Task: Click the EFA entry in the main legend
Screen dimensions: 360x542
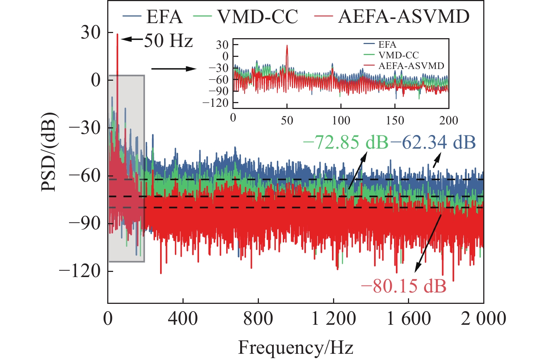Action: pyautogui.click(x=164, y=17)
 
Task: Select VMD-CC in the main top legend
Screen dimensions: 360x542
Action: pyautogui.click(x=257, y=17)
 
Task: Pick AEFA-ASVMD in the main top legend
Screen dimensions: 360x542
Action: pyautogui.click(x=404, y=17)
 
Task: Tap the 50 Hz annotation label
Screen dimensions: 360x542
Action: pyautogui.click(x=168, y=40)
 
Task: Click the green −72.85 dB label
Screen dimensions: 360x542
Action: pyautogui.click(x=346, y=142)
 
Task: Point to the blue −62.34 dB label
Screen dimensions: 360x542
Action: pyautogui.click(x=433, y=142)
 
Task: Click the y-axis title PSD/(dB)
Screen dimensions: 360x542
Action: pyautogui.click(x=48, y=151)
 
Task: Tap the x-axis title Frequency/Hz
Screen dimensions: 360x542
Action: pyautogui.click(x=296, y=348)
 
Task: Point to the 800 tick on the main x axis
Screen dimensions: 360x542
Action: pyautogui.click(x=258, y=319)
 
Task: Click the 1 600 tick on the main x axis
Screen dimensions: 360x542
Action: pyautogui.click(x=409, y=319)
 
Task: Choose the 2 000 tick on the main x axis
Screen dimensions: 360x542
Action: pyautogui.click(x=484, y=319)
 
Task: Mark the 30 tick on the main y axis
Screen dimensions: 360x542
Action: pyautogui.click(x=91, y=33)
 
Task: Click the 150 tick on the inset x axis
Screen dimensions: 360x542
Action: pyautogui.click(x=395, y=120)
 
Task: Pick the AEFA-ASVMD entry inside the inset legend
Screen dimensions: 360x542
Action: pyautogui.click(x=411, y=66)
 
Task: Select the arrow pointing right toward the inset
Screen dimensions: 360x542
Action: pyautogui.click(x=174, y=69)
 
